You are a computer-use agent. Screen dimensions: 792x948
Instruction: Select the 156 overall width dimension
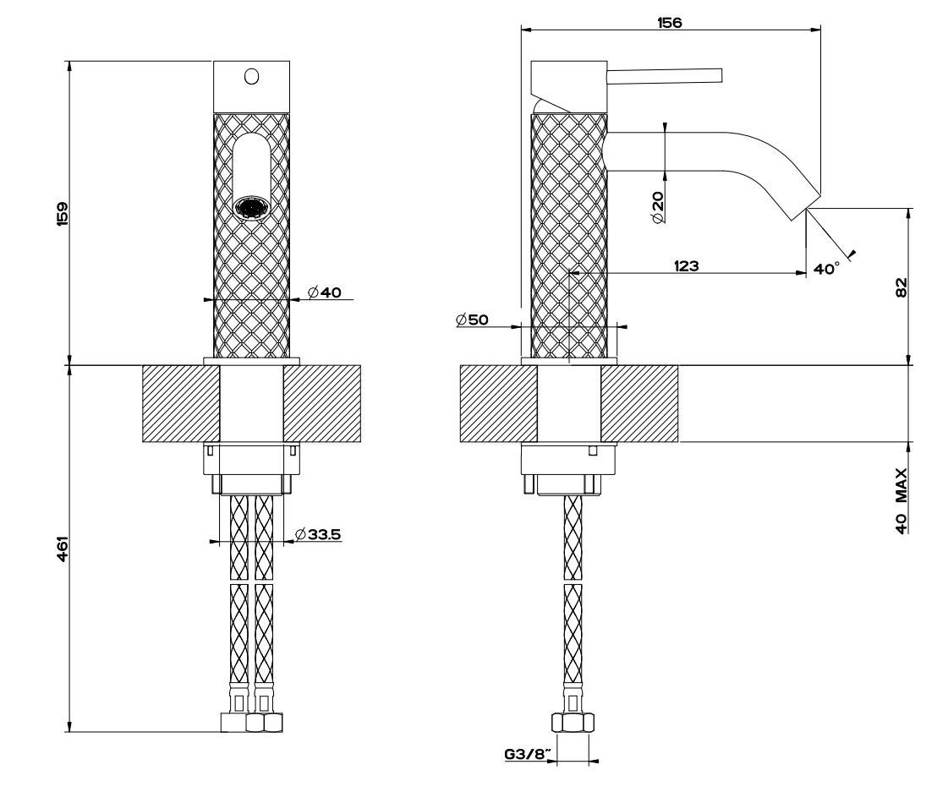[669, 23]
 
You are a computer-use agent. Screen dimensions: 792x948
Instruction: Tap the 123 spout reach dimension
[686, 265]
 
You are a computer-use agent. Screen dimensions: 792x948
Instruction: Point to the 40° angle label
[826, 268]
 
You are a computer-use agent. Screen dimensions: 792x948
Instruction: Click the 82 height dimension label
[900, 287]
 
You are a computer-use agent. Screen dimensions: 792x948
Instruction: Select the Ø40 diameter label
[324, 292]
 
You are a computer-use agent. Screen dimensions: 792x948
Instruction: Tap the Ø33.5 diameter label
[318, 534]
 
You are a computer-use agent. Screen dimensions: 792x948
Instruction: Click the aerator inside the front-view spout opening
[251, 206]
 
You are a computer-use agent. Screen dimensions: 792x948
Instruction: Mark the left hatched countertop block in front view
[180, 402]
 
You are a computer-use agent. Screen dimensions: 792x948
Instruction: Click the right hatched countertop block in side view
[638, 402]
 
